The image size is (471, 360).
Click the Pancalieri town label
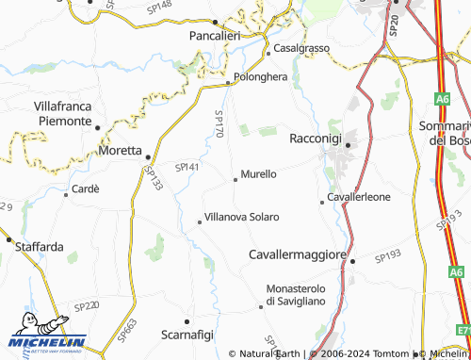216,35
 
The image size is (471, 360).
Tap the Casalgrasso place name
301,48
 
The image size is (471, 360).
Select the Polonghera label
260,78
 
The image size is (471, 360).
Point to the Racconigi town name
315,138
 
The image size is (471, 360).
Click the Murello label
258,174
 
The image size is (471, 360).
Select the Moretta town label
119,150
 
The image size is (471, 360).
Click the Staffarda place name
40,247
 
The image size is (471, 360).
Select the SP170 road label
218,124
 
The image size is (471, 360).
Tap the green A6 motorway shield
442,96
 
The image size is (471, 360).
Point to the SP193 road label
387,256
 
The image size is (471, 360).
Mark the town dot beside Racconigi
348,145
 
